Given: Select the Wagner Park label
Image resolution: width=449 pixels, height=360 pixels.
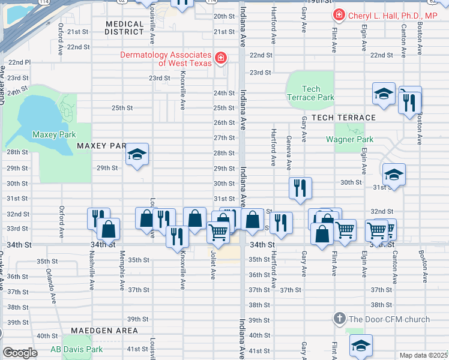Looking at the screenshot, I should point(349,139).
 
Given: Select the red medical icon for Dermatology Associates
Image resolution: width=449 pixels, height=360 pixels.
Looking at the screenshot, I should point(221,58).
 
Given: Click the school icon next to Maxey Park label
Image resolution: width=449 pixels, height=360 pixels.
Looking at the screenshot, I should point(137,155).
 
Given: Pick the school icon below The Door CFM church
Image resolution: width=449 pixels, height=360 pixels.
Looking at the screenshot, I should point(361,345).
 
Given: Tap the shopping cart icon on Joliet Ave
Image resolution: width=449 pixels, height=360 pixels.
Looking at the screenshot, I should point(218,231).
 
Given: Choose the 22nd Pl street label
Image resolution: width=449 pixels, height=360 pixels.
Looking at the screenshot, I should point(19,62).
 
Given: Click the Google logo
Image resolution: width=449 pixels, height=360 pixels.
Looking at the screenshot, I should point(20,353).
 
